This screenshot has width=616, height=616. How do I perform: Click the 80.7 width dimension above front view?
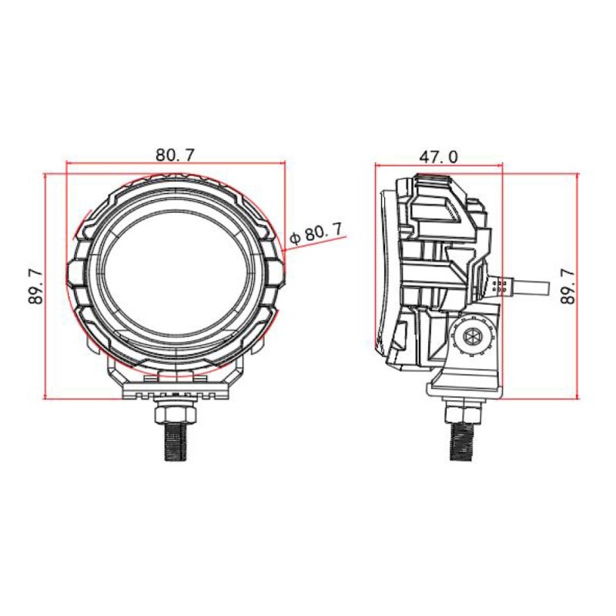click(176, 154)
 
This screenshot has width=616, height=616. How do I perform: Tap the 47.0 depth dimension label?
click(439, 156)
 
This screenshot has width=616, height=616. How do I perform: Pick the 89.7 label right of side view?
click(568, 286)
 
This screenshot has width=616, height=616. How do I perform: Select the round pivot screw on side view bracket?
click(470, 336)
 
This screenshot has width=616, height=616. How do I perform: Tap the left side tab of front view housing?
click(75, 274)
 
